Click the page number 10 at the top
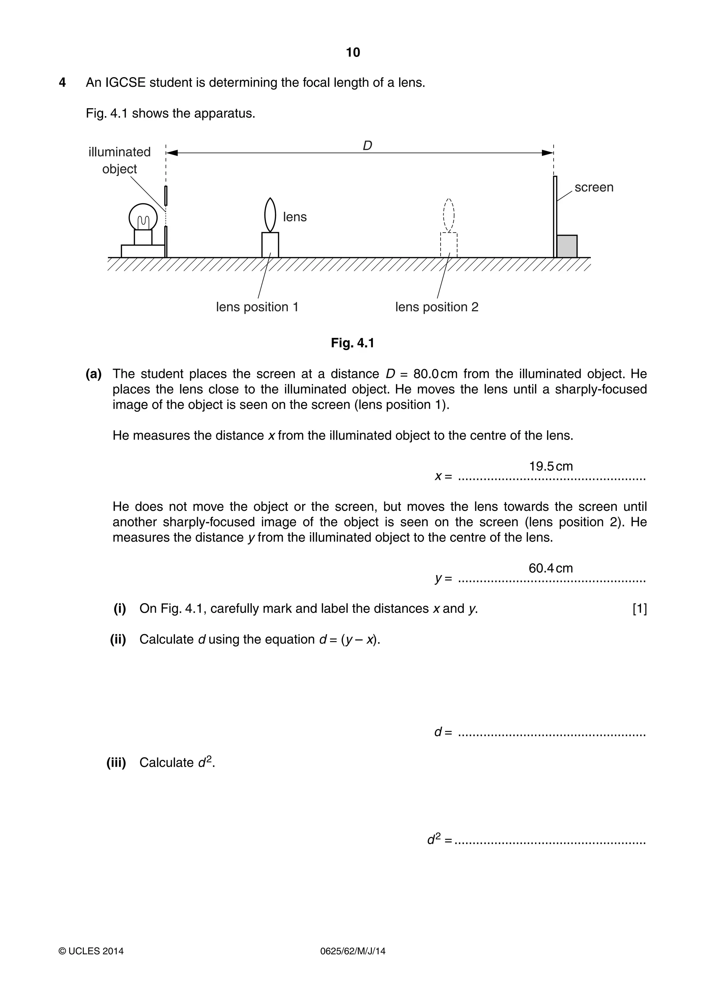[353, 53]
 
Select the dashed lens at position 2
[448, 215]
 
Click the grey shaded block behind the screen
[567, 246]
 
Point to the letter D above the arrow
[367, 146]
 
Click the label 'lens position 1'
[257, 307]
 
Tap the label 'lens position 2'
[437, 307]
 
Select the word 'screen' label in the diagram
[594, 187]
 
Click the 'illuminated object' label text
[120, 160]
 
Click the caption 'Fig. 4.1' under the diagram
[352, 343]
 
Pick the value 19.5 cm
[551, 466]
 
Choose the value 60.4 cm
[551, 568]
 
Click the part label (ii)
[118, 639]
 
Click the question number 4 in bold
[62, 83]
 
